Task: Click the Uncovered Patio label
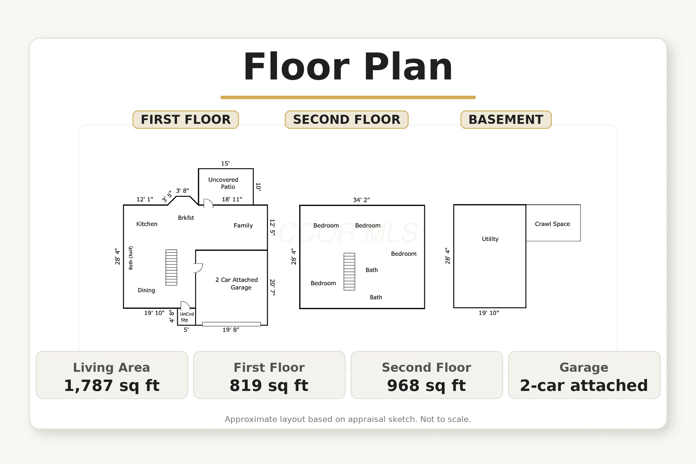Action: [x=223, y=183]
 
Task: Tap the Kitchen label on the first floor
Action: [x=147, y=224]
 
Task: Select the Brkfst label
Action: [x=186, y=218]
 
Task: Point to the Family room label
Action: [x=243, y=226]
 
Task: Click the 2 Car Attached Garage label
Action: [x=237, y=284]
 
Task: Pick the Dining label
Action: [x=146, y=290]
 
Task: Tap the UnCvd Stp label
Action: [x=187, y=317]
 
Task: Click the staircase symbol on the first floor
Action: [x=171, y=267]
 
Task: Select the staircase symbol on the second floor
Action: [x=349, y=272]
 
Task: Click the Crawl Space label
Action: [x=552, y=224]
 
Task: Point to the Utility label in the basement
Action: [x=490, y=239]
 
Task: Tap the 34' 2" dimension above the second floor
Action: [x=361, y=200]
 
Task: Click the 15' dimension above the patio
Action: [x=225, y=163]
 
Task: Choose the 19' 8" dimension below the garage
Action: [x=231, y=330]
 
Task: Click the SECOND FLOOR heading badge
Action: [x=347, y=119]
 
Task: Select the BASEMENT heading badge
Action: [x=506, y=119]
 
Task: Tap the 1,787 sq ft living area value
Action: [x=112, y=385]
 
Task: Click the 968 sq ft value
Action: [x=426, y=385]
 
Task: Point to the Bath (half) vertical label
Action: [x=130, y=258]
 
